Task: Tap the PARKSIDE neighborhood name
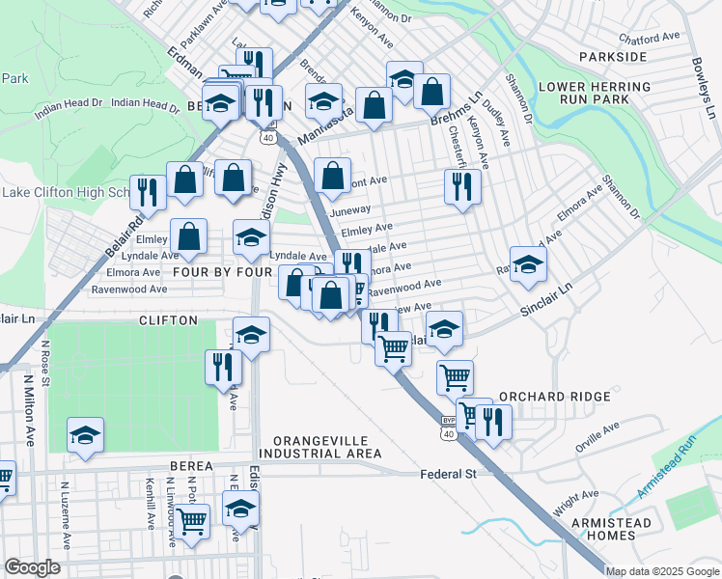point(613,58)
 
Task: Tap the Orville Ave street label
point(597,438)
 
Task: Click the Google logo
point(32,567)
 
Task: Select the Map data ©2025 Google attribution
point(663,571)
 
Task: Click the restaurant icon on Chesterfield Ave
point(462,185)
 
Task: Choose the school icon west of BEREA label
point(85,435)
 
